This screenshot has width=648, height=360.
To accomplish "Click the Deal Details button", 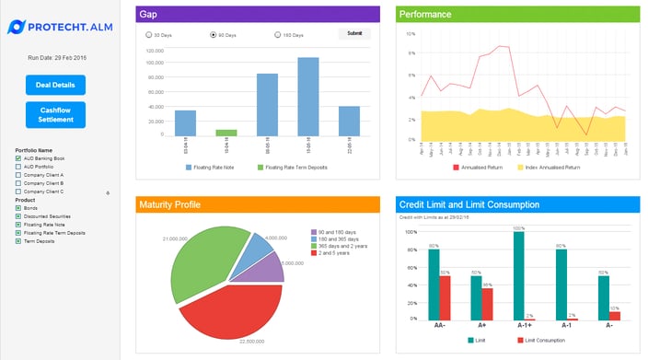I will point(55,85).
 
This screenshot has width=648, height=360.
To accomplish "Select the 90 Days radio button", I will point(214,35).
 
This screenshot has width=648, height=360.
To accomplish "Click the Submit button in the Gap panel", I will point(355,34).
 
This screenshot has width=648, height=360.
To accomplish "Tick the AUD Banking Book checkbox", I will point(18,158).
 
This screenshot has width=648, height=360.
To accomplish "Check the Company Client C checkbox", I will point(18,192).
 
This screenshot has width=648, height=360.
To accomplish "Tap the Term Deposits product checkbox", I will point(18,240).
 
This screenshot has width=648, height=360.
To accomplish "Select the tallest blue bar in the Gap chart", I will point(307,97).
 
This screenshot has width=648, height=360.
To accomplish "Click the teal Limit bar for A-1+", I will point(519,275).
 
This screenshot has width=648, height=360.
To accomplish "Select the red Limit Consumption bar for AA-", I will point(445,297).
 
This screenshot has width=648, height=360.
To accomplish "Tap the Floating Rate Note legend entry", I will point(212,168).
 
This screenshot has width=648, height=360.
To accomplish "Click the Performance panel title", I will point(425,14).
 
